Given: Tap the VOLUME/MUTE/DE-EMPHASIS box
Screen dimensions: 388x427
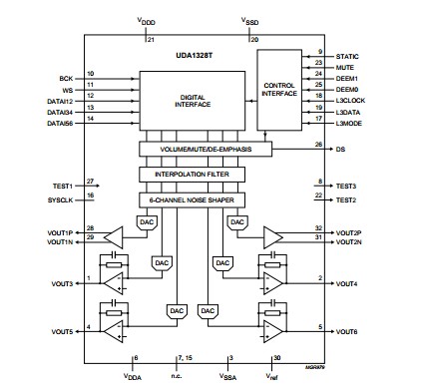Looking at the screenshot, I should click(x=207, y=148).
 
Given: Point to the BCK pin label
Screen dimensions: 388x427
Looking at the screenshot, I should click(x=68, y=75).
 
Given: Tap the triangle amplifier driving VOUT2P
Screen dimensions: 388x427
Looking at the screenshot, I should click(x=272, y=235).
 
